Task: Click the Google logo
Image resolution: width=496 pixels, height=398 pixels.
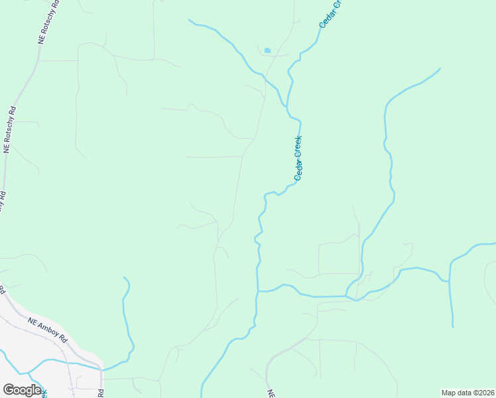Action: click(22, 390)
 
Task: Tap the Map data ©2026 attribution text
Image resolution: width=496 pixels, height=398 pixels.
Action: click(467, 393)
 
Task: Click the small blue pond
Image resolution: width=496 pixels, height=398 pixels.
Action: click(267, 50)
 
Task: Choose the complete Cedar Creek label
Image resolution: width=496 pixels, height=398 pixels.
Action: click(298, 159)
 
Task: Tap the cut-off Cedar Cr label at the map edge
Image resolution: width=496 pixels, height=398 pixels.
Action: click(332, 13)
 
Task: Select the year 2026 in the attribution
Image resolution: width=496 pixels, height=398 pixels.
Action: click(485, 393)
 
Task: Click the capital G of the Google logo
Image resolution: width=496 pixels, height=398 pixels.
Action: click(9, 390)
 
